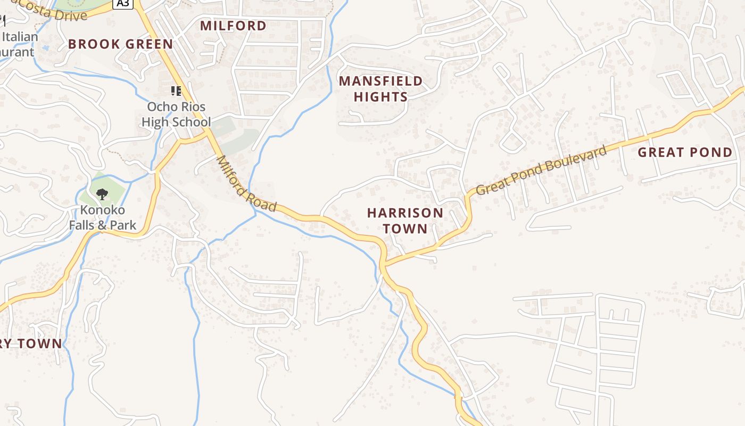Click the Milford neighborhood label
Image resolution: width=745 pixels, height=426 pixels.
pyautogui.click(x=233, y=26)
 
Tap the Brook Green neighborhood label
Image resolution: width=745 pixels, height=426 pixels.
pyautogui.click(x=121, y=44)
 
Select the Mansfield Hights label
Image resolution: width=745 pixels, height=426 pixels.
pyautogui.click(x=380, y=88)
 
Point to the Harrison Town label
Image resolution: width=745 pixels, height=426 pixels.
pyautogui.click(x=405, y=220)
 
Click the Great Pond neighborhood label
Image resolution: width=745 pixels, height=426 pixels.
pyautogui.click(x=685, y=152)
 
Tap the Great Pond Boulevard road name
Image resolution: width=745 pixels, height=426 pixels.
pyautogui.click(x=541, y=170)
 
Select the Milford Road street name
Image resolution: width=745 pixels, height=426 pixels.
pyautogui.click(x=246, y=184)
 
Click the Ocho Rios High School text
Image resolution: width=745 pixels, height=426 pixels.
pyautogui.click(x=176, y=114)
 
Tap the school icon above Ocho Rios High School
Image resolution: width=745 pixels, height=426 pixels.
pyautogui.click(x=176, y=91)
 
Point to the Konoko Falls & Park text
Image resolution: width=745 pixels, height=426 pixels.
pyautogui.click(x=103, y=217)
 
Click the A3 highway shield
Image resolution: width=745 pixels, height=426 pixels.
pyautogui.click(x=122, y=4)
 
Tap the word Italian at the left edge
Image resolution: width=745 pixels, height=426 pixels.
pyautogui.click(x=20, y=37)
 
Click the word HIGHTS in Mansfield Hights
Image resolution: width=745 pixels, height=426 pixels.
pyautogui.click(x=380, y=96)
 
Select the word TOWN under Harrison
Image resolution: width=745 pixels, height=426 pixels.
pyautogui.click(x=405, y=228)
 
